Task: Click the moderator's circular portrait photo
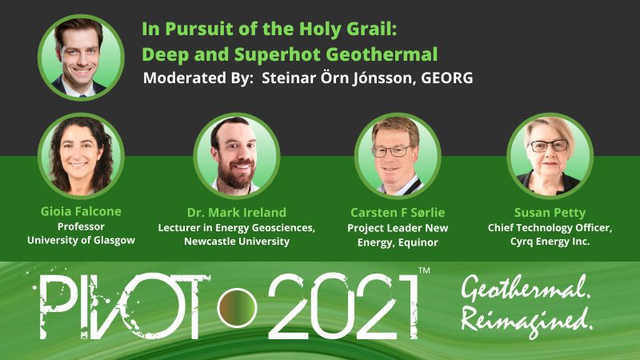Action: pyautogui.click(x=82, y=57)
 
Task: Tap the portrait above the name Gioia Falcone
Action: pyautogui.click(x=82, y=155)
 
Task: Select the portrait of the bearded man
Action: pyautogui.click(x=237, y=155)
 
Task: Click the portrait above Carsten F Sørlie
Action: pyautogui.click(x=398, y=155)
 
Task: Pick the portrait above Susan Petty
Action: pyautogui.click(x=550, y=155)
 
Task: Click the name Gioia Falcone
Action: pyautogui.click(x=81, y=211)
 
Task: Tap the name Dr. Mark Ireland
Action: pyautogui.click(x=237, y=212)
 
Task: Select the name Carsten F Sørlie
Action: pyautogui.click(x=398, y=212)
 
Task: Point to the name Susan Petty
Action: pyautogui.click(x=550, y=213)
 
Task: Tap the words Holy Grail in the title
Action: pyautogui.click(x=348, y=29)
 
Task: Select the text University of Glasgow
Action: pyautogui.click(x=81, y=240)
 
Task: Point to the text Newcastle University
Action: pyautogui.click(x=237, y=242)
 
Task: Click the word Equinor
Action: pyautogui.click(x=418, y=242)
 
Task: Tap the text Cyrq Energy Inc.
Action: pyautogui.click(x=550, y=242)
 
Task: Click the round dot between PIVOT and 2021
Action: pyautogui.click(x=237, y=307)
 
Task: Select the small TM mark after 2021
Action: pyautogui.click(x=425, y=270)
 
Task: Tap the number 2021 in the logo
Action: pyautogui.click(x=344, y=306)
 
